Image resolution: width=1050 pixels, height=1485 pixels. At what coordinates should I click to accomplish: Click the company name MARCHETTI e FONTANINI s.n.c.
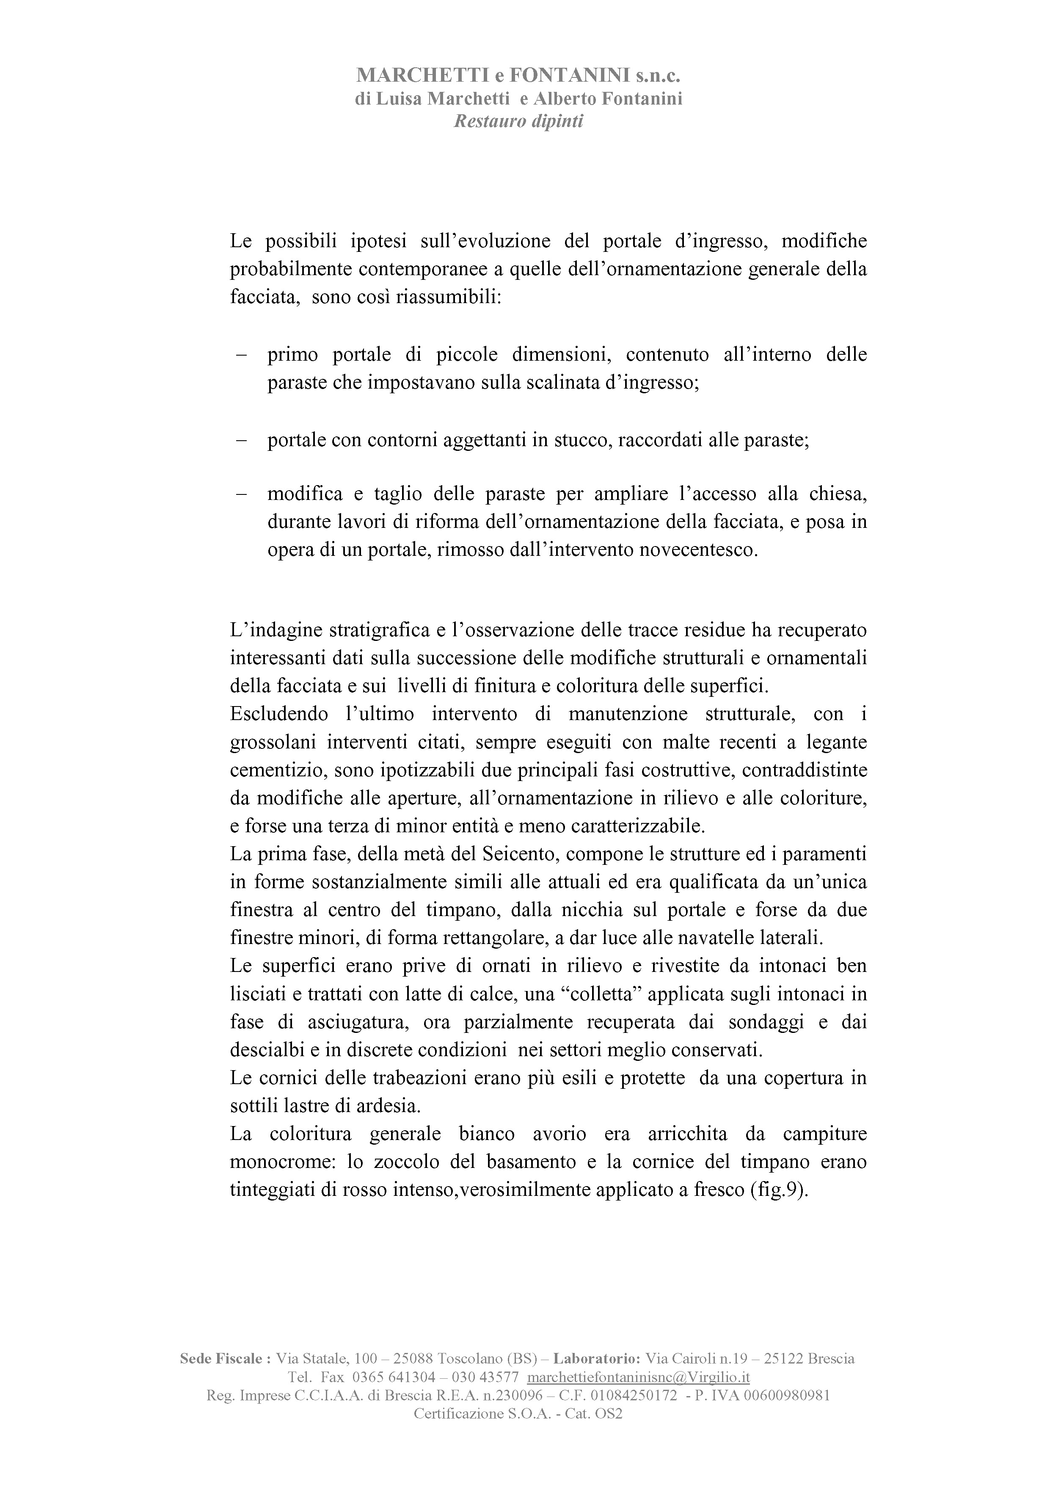(518, 76)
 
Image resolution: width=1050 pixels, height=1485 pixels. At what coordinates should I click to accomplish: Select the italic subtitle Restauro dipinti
(518, 121)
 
